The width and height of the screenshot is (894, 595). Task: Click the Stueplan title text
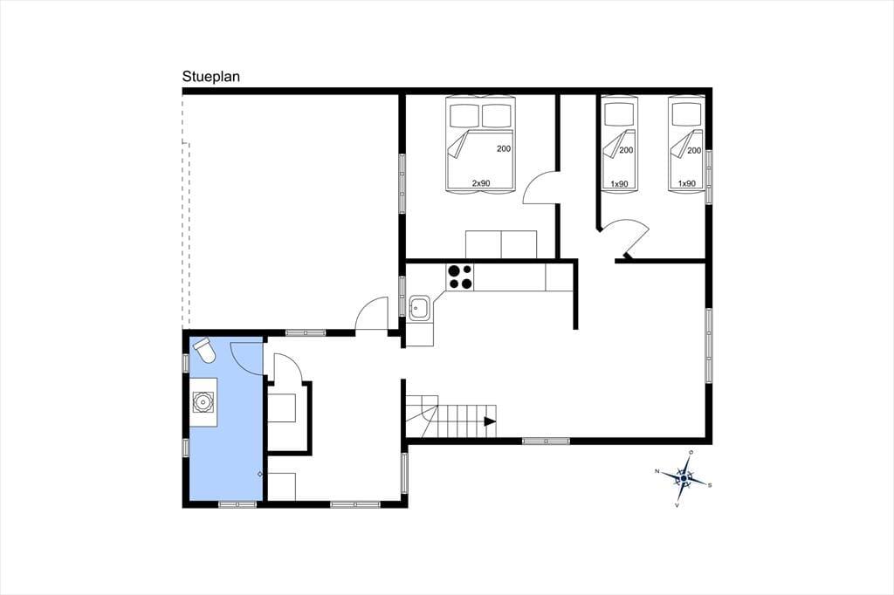(211, 77)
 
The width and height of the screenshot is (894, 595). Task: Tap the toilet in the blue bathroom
(204, 351)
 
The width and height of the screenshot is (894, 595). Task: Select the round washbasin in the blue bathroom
(203, 402)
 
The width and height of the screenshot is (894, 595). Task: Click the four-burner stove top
(460, 277)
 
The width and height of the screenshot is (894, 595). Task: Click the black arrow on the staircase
(490, 421)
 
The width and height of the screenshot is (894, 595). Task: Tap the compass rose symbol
(684, 479)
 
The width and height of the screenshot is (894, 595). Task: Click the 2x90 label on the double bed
(481, 183)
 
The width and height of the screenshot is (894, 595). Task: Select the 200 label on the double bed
(504, 148)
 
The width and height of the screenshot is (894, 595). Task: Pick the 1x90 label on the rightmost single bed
(686, 183)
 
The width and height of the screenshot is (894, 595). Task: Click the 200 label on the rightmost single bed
(694, 150)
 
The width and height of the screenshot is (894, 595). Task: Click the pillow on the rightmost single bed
(686, 114)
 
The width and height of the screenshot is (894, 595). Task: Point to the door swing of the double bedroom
(533, 181)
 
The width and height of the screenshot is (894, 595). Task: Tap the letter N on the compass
(657, 471)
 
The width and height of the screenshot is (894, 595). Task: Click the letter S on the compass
(709, 486)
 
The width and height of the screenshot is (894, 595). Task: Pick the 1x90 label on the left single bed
(619, 183)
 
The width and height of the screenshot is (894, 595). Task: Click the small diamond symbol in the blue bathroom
(260, 474)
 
